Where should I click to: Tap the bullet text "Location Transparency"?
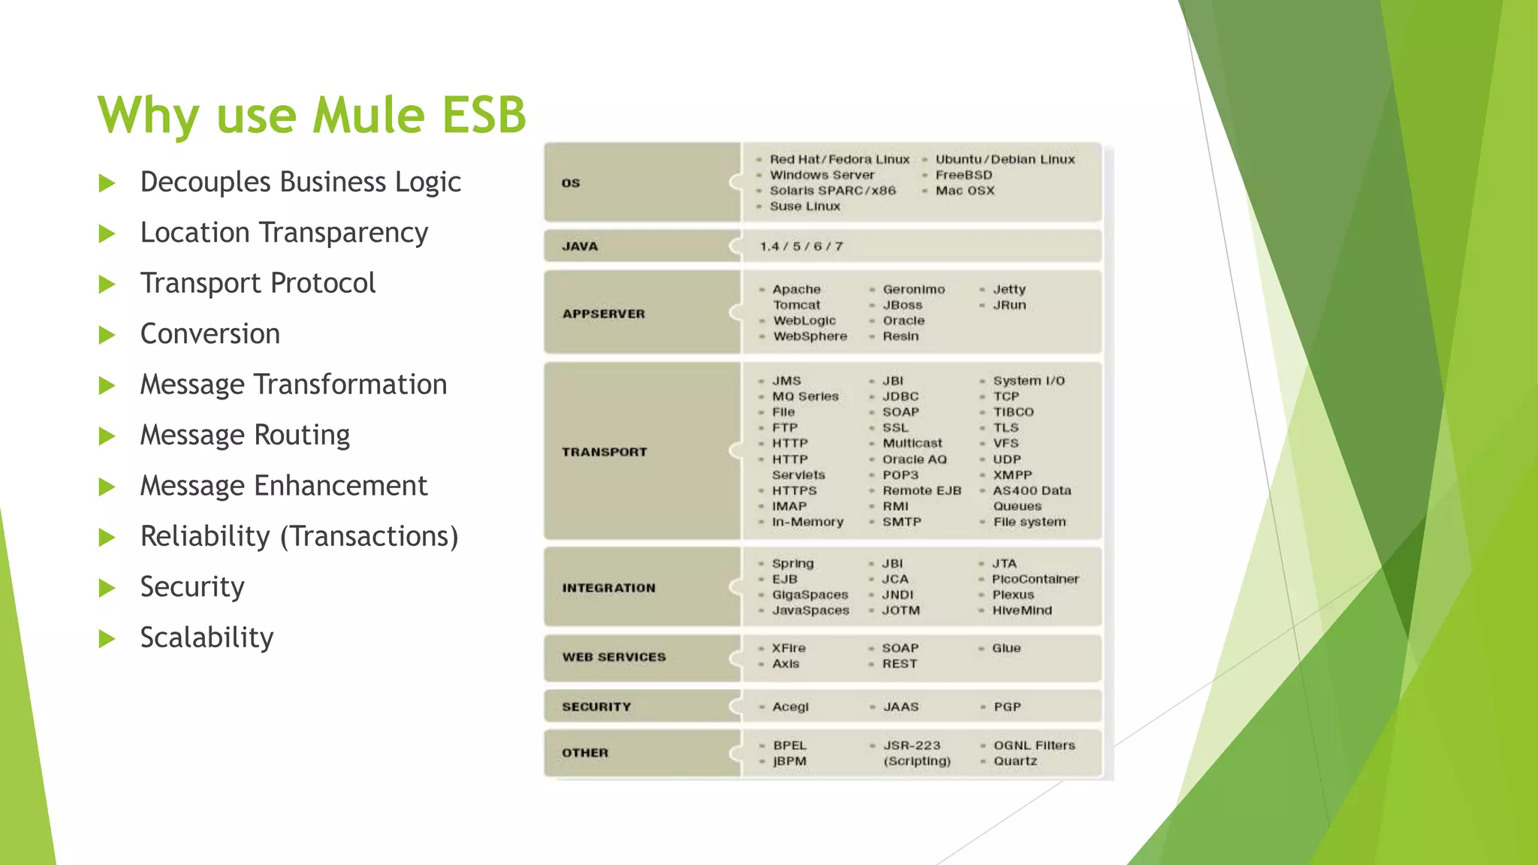click(284, 233)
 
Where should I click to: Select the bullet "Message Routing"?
click(245, 435)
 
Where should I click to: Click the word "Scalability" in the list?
click(207, 637)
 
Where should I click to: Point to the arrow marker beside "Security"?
click(107, 588)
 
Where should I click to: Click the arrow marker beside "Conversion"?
click(107, 335)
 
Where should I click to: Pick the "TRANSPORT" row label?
click(604, 452)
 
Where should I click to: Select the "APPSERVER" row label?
click(604, 314)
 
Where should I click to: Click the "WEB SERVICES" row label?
click(614, 657)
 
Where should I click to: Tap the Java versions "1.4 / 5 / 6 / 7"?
click(801, 246)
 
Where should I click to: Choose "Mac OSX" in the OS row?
click(965, 191)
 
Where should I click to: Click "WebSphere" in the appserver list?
click(810, 336)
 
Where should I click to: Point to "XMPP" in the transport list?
click(1012, 475)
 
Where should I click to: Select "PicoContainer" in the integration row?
click(1035, 579)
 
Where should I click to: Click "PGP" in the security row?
click(1007, 707)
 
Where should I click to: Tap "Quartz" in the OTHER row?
click(1015, 761)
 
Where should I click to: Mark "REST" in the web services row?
click(900, 664)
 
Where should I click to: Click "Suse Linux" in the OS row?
click(805, 206)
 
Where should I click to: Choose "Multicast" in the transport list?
click(912, 444)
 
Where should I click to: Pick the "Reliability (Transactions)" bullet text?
click(299, 536)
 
